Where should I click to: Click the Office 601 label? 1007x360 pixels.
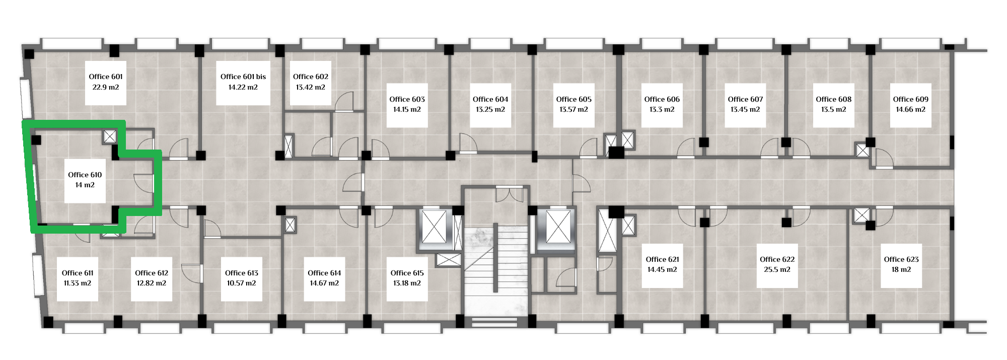click(x=106, y=77)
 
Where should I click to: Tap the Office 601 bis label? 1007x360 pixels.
click(x=243, y=77)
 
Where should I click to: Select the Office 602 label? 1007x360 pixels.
click(x=311, y=77)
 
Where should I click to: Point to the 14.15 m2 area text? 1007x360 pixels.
click(x=407, y=109)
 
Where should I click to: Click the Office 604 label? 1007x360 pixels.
click(x=490, y=99)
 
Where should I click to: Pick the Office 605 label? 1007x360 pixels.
click(x=574, y=99)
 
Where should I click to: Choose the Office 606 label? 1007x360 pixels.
click(x=662, y=99)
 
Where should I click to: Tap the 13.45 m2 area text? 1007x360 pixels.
click(x=746, y=109)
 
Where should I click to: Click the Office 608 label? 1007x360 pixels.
click(x=834, y=99)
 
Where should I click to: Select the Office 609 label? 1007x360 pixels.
click(x=911, y=99)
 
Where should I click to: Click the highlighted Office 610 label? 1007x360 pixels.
click(x=85, y=175)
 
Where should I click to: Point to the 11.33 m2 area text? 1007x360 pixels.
click(x=78, y=283)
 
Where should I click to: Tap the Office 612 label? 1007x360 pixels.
click(x=152, y=273)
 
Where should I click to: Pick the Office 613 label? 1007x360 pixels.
click(x=242, y=273)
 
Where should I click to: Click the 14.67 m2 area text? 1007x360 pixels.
click(x=324, y=283)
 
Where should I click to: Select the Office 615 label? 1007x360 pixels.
click(x=407, y=273)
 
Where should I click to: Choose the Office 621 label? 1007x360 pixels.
click(x=663, y=259)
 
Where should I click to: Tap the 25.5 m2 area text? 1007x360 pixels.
click(x=777, y=269)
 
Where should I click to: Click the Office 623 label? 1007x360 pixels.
click(x=901, y=259)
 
